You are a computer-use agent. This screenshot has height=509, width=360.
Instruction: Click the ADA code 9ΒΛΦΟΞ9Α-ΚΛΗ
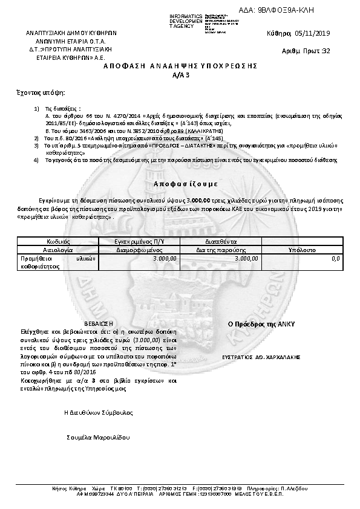(x=286, y=10)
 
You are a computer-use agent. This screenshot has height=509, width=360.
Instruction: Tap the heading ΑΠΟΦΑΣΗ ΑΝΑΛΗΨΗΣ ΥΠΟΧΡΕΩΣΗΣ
(x=181, y=64)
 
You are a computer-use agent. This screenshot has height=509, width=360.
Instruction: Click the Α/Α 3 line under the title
(x=181, y=75)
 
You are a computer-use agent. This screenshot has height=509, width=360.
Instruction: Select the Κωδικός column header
(x=49, y=241)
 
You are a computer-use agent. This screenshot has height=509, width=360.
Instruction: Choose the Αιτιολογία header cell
(x=49, y=248)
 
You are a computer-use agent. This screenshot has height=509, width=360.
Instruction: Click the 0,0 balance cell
(x=336, y=258)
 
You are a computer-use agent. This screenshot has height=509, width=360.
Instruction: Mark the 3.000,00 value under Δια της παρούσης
(x=246, y=258)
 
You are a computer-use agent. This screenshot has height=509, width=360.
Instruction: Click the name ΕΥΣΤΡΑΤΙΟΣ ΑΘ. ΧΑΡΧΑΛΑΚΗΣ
(x=261, y=357)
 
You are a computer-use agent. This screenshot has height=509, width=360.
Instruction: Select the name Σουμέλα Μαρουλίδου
(x=98, y=437)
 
